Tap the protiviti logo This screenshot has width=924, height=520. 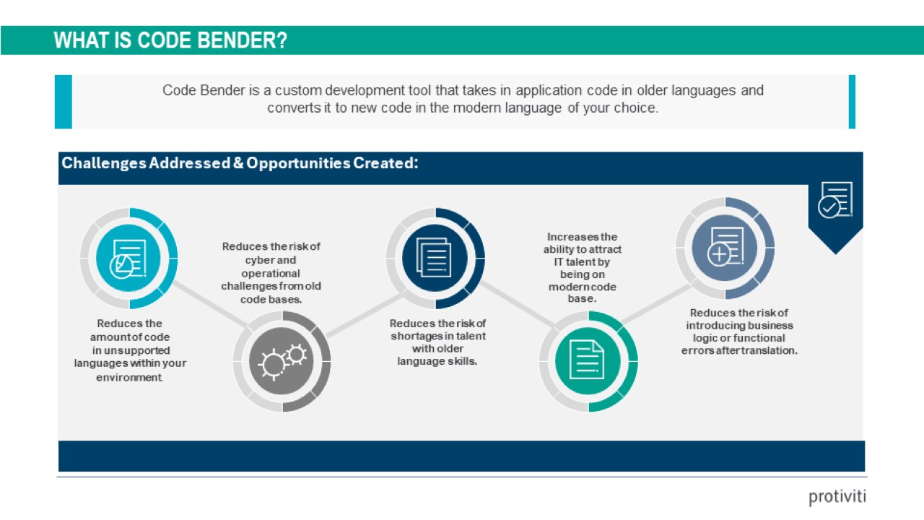837,496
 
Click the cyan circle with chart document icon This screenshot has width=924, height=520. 128,259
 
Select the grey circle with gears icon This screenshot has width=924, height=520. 282,361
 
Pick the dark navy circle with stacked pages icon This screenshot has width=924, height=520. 435,259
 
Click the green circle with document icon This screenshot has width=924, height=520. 588,361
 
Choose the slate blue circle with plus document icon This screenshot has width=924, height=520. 725,248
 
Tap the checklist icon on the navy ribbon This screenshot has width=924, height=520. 835,200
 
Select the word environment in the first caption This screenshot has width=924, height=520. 129,378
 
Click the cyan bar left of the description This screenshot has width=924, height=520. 64,102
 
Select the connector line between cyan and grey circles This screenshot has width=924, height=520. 210,304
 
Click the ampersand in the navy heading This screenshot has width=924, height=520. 238,163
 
